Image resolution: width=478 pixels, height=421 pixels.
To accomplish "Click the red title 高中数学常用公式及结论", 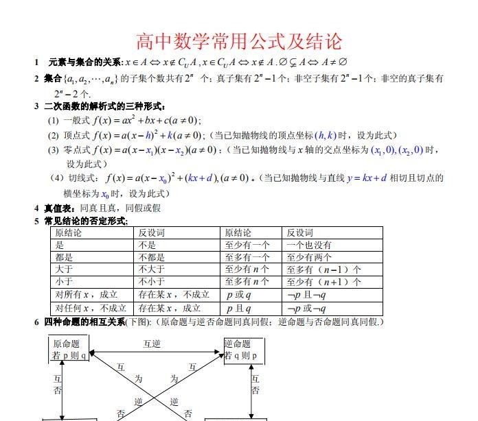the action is pos(238,42).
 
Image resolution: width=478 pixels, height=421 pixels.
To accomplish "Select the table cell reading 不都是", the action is pos(152,257).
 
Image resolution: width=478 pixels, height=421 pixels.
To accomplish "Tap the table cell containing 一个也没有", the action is pos(309,245).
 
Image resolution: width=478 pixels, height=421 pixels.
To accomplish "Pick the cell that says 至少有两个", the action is pos(309,257).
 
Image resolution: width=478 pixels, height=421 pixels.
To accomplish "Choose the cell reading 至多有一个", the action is pos(247,257).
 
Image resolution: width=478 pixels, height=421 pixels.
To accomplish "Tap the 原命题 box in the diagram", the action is pos(69,350).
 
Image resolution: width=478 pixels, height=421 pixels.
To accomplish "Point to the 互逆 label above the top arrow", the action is pos(152,344).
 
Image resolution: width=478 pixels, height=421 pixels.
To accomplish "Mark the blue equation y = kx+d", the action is pos(367,178).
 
